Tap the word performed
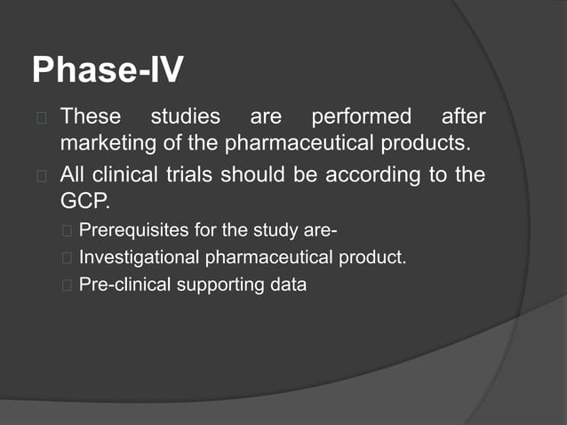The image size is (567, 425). coord(360,116)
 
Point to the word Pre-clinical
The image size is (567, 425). coord(121,285)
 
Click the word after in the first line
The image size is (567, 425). coord(463,116)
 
